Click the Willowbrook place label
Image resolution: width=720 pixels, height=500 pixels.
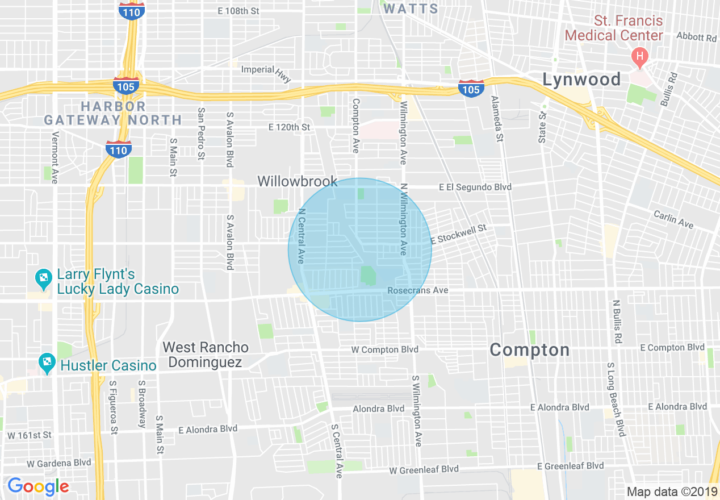[x=297, y=182]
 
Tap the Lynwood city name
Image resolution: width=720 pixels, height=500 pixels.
[x=581, y=80]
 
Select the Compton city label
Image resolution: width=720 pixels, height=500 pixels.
[x=529, y=350]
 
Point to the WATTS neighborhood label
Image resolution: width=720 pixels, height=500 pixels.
[x=411, y=9]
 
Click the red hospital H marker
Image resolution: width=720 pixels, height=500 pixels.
[x=639, y=56]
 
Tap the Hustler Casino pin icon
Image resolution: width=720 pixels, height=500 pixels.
[x=46, y=362]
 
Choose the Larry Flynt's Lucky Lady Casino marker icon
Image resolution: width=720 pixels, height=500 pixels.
[x=43, y=278]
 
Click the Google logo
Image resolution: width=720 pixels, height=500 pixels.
[x=37, y=486]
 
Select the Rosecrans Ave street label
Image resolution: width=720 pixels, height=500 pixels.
[x=417, y=290]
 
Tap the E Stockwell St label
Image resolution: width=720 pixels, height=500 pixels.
[x=459, y=234]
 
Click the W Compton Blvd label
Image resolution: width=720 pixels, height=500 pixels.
[x=384, y=349]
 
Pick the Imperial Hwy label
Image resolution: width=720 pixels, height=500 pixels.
[x=266, y=72]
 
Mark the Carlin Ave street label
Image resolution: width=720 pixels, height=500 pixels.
[x=673, y=219]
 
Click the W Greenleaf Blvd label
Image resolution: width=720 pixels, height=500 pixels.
[x=424, y=470]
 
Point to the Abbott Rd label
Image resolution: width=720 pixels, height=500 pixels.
[x=696, y=37]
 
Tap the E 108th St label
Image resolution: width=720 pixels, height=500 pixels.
[x=238, y=11]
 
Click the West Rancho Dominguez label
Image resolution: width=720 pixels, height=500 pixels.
[x=205, y=355]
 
